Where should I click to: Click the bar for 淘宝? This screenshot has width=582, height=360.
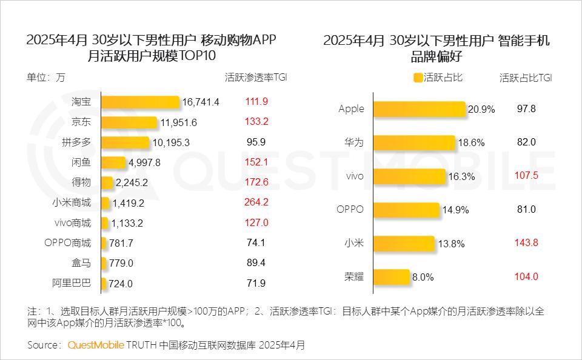140,102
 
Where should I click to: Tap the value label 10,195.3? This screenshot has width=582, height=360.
173,142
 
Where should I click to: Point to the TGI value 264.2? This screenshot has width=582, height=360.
256,202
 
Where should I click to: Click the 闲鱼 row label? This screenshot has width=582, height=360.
81,162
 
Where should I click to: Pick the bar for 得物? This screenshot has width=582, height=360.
107,182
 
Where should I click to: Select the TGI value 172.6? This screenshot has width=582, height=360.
256,182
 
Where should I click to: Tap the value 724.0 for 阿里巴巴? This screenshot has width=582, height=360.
121,284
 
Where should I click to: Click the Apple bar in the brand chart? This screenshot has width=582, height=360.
419,109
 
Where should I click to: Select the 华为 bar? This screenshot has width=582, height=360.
414,142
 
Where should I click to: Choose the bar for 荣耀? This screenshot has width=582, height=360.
392,276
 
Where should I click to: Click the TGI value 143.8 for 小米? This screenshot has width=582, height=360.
526,243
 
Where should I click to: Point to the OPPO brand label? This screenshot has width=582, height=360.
350,210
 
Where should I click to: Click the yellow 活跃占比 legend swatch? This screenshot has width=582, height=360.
418,78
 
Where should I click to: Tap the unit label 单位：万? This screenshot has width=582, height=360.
46,78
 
